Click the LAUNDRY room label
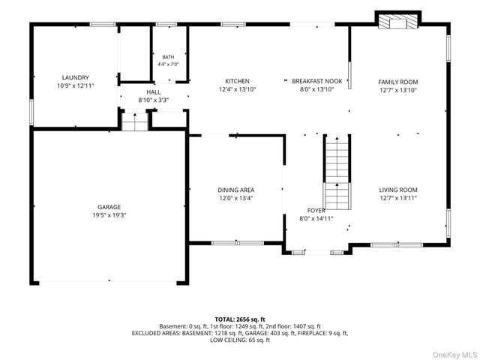pos(75,78)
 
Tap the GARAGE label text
pos(109,207)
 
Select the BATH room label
pos(168,57)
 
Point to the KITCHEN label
pos(237,81)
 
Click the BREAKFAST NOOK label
pos(316,81)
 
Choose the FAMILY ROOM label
pos(398,82)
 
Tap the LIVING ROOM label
pos(398,190)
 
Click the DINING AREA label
pos(236,190)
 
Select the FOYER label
pos(316,211)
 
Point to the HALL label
pos(153,92)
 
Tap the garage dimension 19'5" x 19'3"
pos(109,215)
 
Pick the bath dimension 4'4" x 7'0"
pos(168,64)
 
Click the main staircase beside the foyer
pos(337,172)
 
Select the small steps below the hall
pos(135,121)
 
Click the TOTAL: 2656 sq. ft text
pos(240,319)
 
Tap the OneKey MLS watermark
pos(454,355)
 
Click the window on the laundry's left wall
pos(31,112)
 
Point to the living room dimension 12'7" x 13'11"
pos(398,198)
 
